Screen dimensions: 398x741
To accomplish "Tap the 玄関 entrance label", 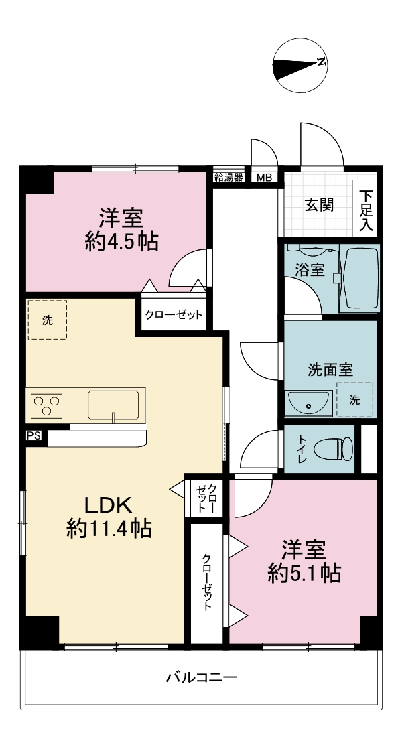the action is [318, 205].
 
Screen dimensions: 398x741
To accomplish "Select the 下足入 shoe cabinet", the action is [364, 208].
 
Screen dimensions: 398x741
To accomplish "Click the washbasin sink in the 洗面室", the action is [309, 404].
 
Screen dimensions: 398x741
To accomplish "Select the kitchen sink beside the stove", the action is [114, 405].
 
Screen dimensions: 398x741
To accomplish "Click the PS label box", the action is [34, 436].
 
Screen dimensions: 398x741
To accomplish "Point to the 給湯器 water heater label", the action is [228, 178].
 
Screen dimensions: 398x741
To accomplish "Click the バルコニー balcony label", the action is [201, 678].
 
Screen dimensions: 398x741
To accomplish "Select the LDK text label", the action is [107, 506].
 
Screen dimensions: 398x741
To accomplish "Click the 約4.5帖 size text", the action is [121, 242].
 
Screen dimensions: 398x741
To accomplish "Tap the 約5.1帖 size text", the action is [304, 574].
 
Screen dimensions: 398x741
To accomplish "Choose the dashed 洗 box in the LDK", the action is [48, 320].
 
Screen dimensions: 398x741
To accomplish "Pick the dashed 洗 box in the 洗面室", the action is [354, 400].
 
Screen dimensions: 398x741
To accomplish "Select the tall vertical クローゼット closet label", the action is [206, 583].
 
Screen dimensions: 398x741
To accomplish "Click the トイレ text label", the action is [302, 449].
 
